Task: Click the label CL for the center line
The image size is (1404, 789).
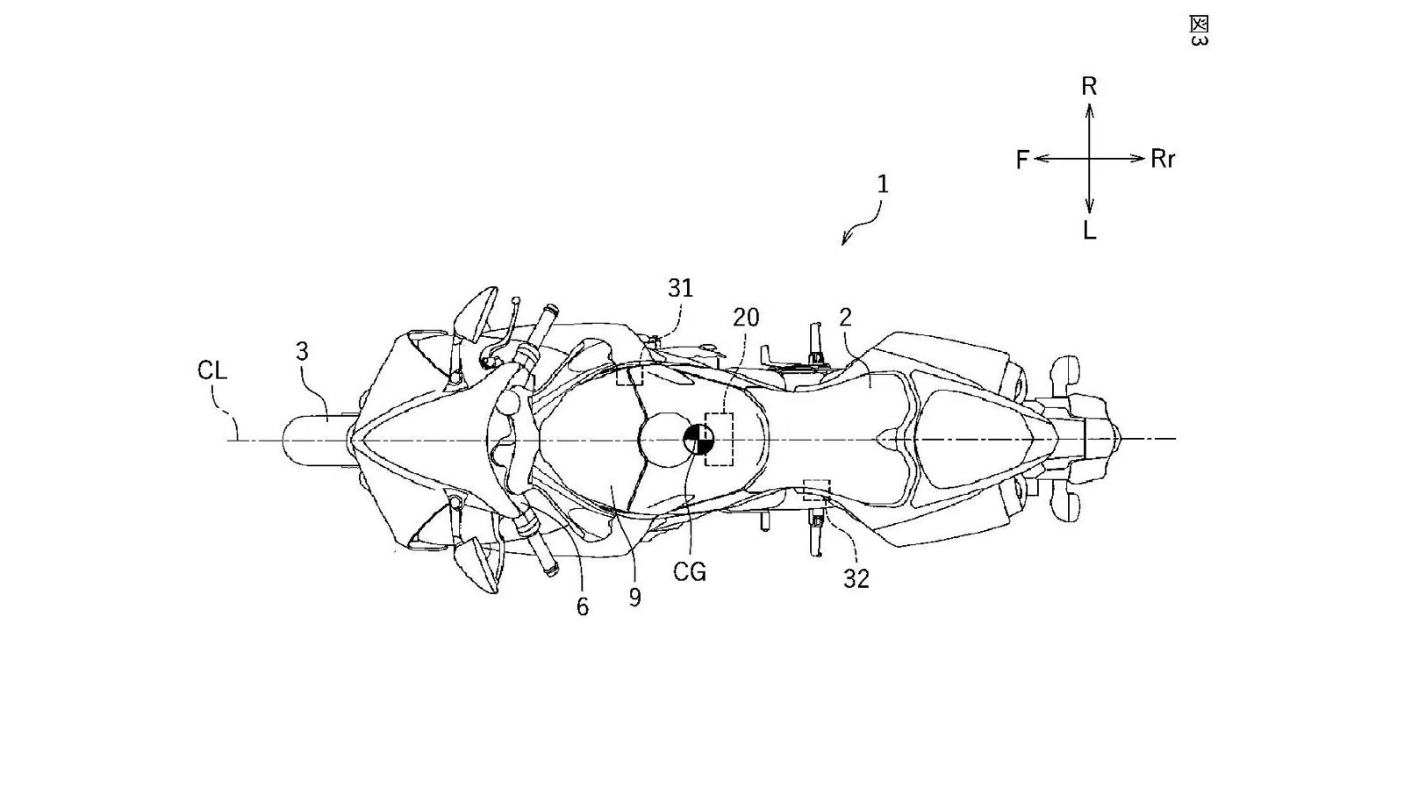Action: [x=212, y=370]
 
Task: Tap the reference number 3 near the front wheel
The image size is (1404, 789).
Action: [x=302, y=352]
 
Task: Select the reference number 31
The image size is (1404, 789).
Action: [x=680, y=288]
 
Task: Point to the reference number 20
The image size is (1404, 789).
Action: [x=746, y=317]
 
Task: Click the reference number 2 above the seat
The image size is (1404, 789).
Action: [x=845, y=317]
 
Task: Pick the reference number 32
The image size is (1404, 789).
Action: [x=856, y=578]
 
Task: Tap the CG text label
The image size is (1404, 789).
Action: [x=689, y=572]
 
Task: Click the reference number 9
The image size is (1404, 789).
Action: [x=634, y=598]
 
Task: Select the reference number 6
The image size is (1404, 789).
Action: [x=582, y=606]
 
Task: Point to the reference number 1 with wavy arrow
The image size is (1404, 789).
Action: [x=883, y=184]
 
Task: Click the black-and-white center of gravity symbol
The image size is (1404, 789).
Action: [x=698, y=440]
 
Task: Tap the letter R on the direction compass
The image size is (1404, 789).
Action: [x=1089, y=86]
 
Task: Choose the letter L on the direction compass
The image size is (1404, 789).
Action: [x=1089, y=231]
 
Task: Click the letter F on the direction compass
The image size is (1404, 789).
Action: [x=1022, y=160]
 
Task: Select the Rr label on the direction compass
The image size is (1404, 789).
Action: [x=1163, y=160]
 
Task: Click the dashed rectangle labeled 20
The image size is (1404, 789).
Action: [x=720, y=438]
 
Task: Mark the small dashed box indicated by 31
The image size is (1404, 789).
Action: [x=629, y=376]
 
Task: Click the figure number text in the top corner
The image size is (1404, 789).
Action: [x=1198, y=31]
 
